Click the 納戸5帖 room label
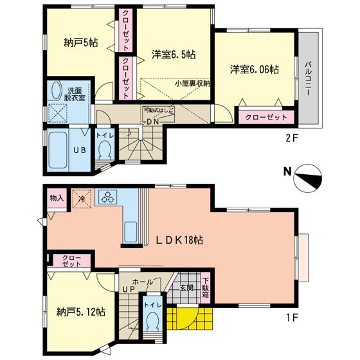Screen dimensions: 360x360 click(x=80, y=44)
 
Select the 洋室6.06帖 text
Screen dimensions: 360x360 click(x=255, y=68)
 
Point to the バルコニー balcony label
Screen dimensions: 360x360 click(x=309, y=79)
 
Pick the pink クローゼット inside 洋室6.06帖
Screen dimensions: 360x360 click(x=266, y=118)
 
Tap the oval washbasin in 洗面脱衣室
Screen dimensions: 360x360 click(x=55, y=91)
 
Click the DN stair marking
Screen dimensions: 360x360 click(x=152, y=121)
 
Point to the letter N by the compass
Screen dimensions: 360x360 click(x=287, y=172)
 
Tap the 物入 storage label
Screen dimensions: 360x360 click(x=56, y=198)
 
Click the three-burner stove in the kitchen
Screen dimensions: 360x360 click(x=107, y=198)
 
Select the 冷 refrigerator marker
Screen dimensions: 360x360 click(x=82, y=199)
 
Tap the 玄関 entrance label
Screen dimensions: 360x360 click(x=186, y=288)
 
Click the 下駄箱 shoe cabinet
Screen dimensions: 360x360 click(x=206, y=288)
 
